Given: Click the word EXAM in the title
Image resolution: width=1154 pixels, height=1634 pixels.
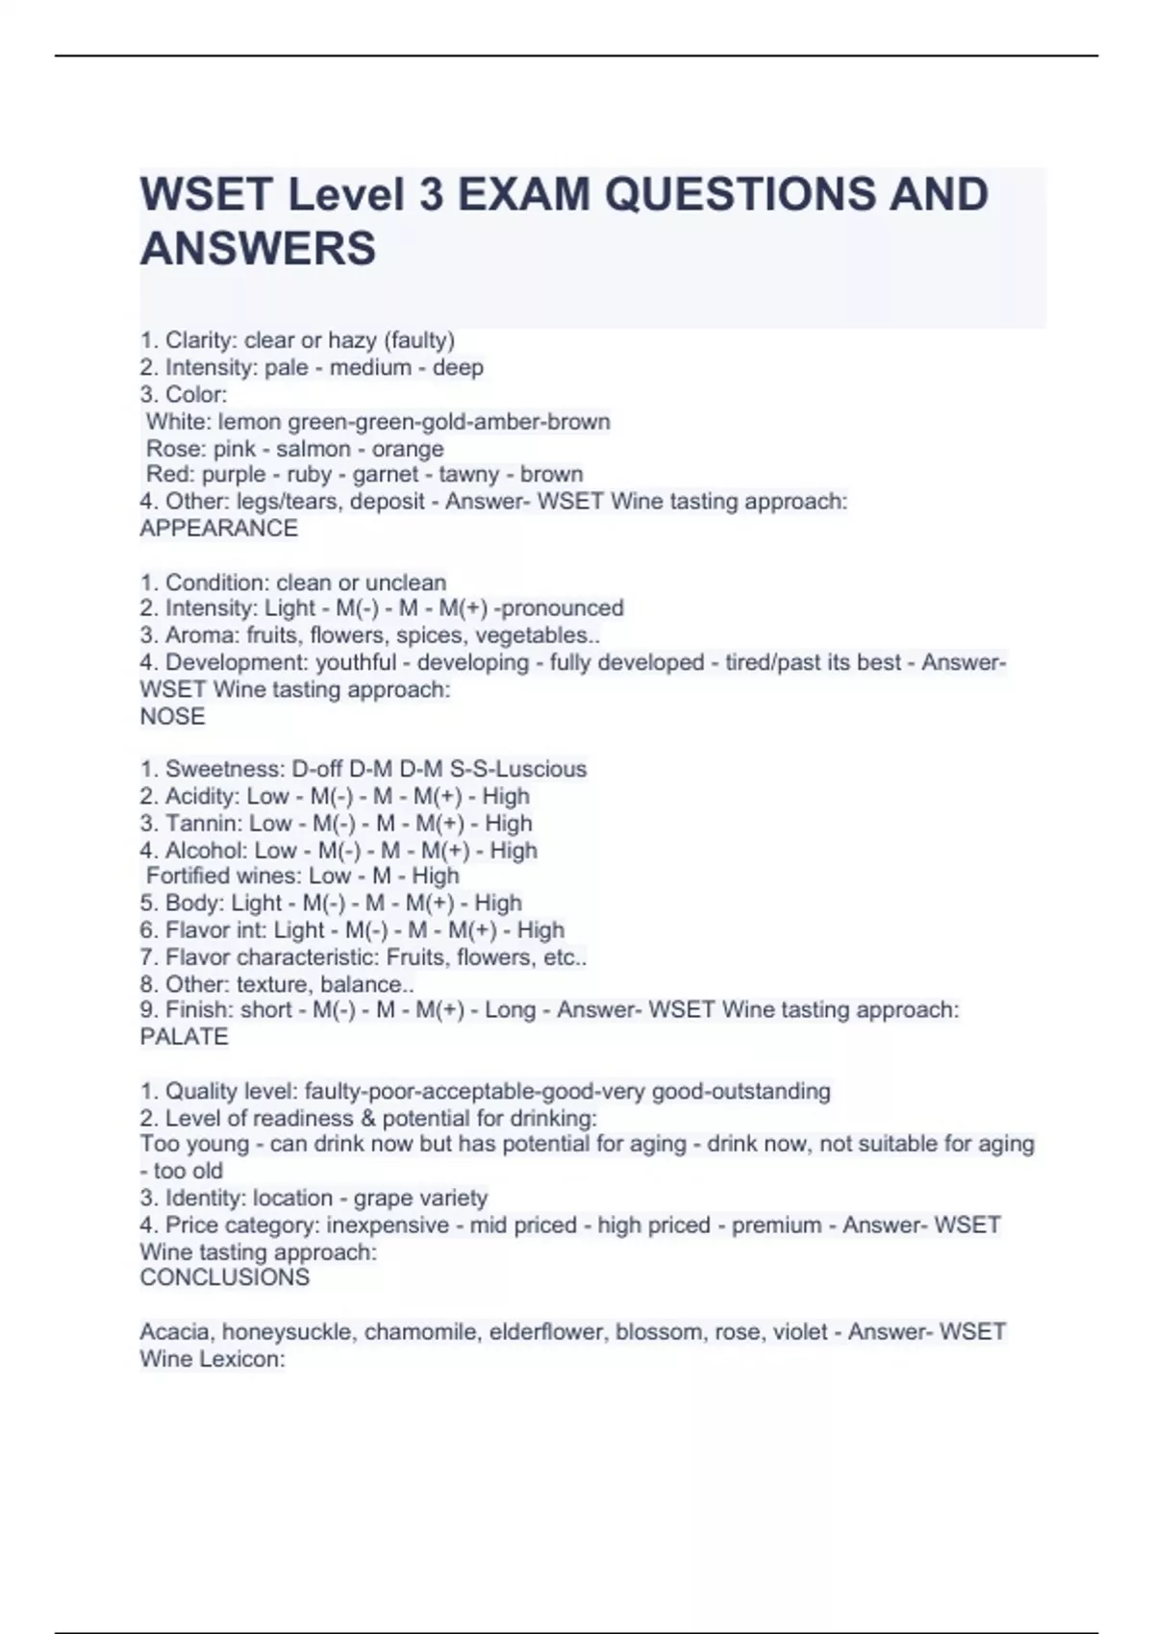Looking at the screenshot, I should pyautogui.click(x=524, y=194).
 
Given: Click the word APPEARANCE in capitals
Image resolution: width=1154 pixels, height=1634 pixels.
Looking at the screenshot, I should pyautogui.click(x=218, y=528).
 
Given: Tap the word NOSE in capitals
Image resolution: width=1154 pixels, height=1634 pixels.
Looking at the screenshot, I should pyautogui.click(x=172, y=716).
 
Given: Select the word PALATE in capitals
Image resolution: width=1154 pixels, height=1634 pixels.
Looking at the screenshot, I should pyautogui.click(x=184, y=1036).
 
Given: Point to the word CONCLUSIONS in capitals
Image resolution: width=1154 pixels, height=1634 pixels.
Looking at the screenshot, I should pyautogui.click(x=224, y=1277).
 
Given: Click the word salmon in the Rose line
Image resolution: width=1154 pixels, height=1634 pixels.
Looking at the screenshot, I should pyautogui.click(x=314, y=449).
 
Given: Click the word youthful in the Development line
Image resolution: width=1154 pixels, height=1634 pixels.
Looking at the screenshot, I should pyautogui.click(x=356, y=662).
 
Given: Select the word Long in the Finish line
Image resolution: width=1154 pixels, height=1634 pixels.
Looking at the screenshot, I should pyautogui.click(x=510, y=1009).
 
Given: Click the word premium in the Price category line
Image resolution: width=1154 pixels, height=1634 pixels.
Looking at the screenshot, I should pyautogui.click(x=776, y=1225).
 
